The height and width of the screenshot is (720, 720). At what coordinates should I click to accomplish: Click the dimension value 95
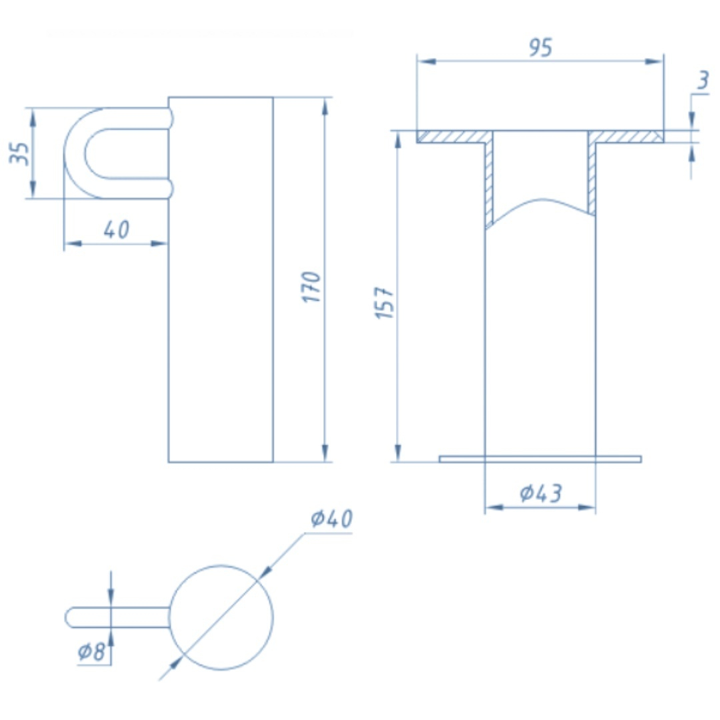(540, 47)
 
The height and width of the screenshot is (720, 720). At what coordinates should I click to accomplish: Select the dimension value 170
(311, 287)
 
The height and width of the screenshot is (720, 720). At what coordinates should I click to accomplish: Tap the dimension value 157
(385, 303)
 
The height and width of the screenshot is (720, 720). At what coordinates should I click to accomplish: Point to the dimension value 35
(20, 153)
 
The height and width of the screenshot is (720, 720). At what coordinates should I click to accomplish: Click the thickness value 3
(703, 80)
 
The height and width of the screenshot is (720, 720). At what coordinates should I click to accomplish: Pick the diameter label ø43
(541, 493)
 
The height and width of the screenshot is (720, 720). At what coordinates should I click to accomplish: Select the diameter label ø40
(331, 519)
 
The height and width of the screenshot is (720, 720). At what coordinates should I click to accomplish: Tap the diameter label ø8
(91, 651)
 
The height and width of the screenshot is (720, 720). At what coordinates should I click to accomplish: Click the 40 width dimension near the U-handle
(117, 229)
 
